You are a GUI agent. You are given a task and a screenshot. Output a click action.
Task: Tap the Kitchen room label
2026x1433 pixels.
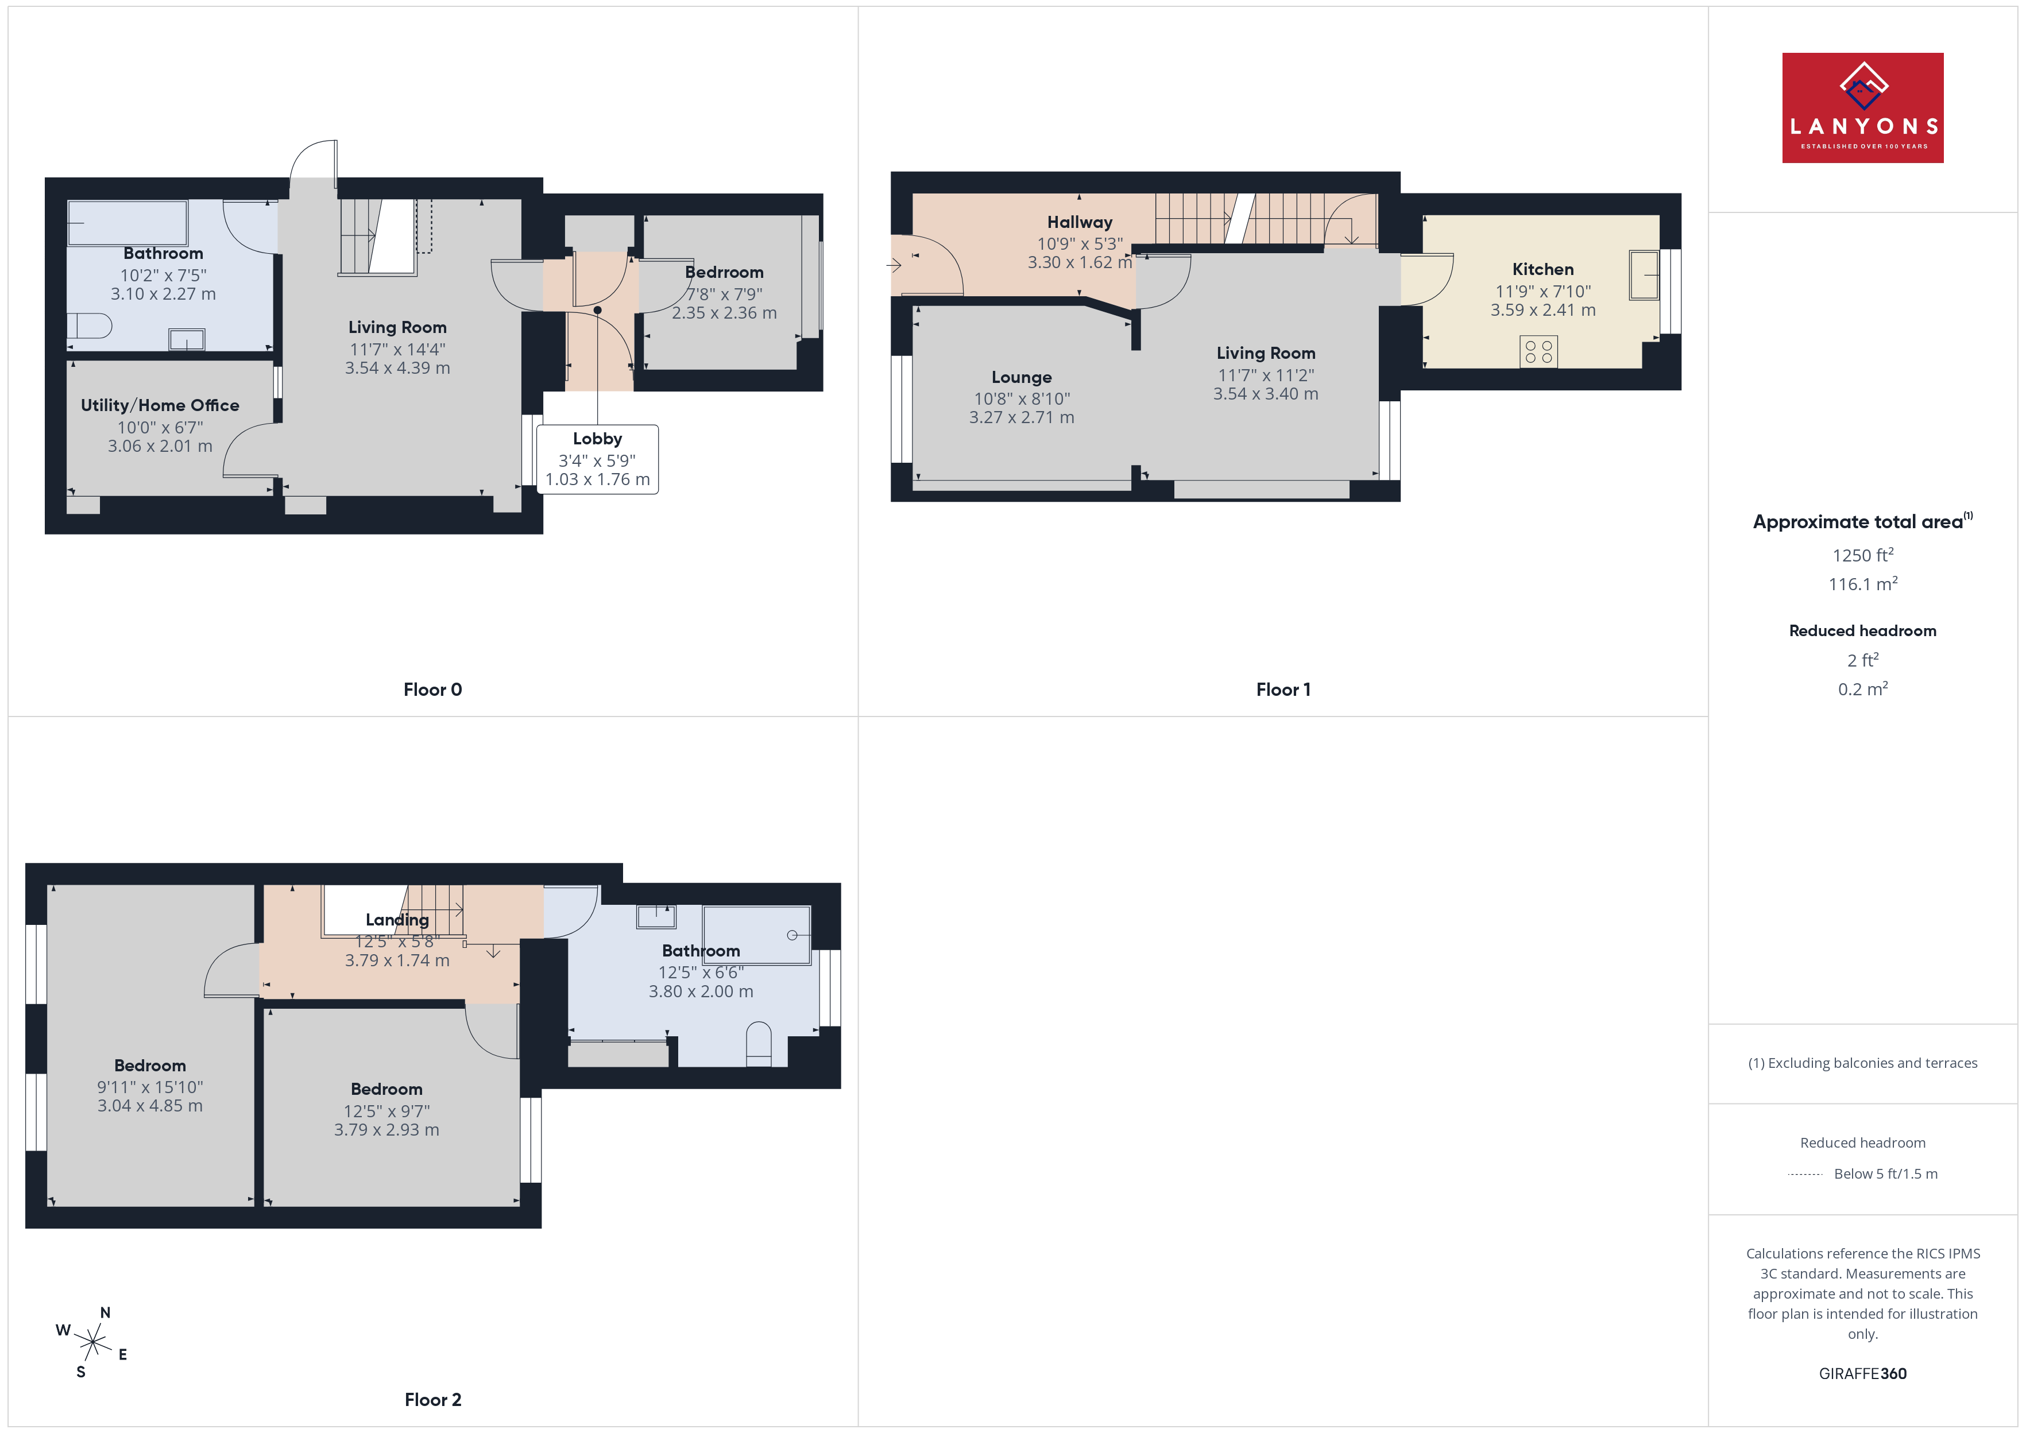point(1542,269)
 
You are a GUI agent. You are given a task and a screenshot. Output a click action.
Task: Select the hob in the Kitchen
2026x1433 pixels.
point(1538,351)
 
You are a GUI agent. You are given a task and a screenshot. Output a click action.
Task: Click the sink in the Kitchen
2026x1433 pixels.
point(1644,276)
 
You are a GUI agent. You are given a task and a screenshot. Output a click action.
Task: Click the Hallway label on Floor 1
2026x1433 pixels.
point(1079,222)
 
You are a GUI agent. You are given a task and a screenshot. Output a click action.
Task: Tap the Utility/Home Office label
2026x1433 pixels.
point(160,405)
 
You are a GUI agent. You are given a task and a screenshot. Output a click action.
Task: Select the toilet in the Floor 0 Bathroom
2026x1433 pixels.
point(89,326)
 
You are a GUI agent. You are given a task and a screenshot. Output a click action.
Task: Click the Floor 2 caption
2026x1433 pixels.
point(432,1400)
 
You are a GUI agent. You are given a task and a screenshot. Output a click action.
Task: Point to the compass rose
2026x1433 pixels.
point(92,1343)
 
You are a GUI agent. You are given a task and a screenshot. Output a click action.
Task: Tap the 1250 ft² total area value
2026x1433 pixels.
point(1863,555)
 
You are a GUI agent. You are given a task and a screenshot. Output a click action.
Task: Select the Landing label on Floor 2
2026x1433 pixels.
point(397,919)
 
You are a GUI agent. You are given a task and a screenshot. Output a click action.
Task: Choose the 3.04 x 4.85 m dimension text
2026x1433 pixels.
point(150,1106)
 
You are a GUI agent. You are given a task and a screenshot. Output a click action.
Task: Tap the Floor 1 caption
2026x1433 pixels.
point(1283,690)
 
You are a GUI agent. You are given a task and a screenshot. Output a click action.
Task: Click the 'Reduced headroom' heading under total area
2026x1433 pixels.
point(1863,631)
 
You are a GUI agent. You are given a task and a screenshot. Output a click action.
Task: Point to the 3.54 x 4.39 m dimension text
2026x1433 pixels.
point(397,368)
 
